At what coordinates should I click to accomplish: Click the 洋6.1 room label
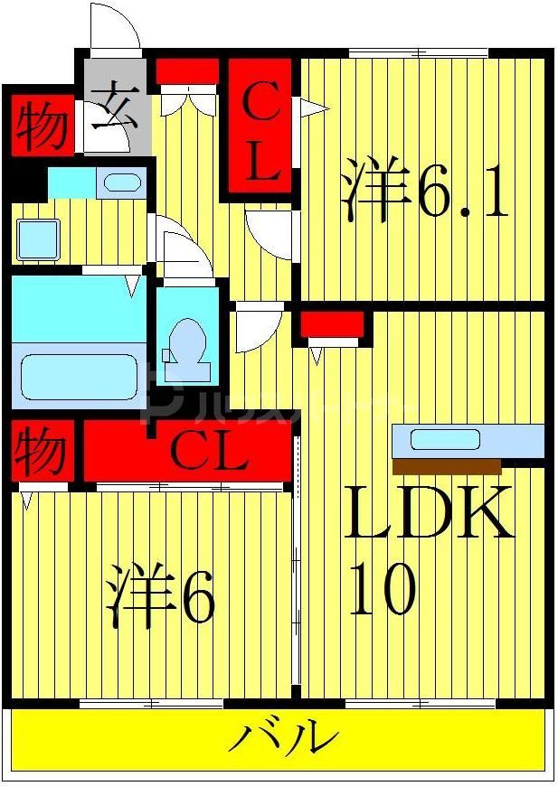click(425, 192)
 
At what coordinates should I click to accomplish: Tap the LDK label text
click(428, 513)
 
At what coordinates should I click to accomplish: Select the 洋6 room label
click(161, 595)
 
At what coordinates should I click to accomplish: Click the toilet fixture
click(188, 347)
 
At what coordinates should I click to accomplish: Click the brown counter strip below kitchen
click(447, 466)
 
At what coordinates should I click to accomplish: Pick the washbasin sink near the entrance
click(121, 182)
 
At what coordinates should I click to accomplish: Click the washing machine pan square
click(38, 239)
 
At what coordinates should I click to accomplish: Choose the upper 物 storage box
click(42, 125)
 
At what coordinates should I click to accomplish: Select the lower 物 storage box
click(42, 451)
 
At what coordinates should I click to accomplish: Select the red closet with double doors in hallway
click(188, 71)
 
